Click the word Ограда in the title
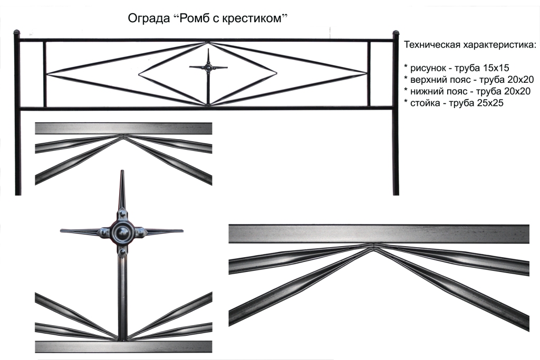click(x=149, y=18)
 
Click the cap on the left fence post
click(x=17, y=33)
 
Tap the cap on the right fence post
click(x=396, y=33)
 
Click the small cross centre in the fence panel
click(x=208, y=67)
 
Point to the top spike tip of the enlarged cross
click(x=122, y=171)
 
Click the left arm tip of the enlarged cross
click(x=62, y=230)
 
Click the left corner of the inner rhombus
click(x=139, y=74)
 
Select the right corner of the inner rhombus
click(x=276, y=73)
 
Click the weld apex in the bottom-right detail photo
click(x=374, y=246)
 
